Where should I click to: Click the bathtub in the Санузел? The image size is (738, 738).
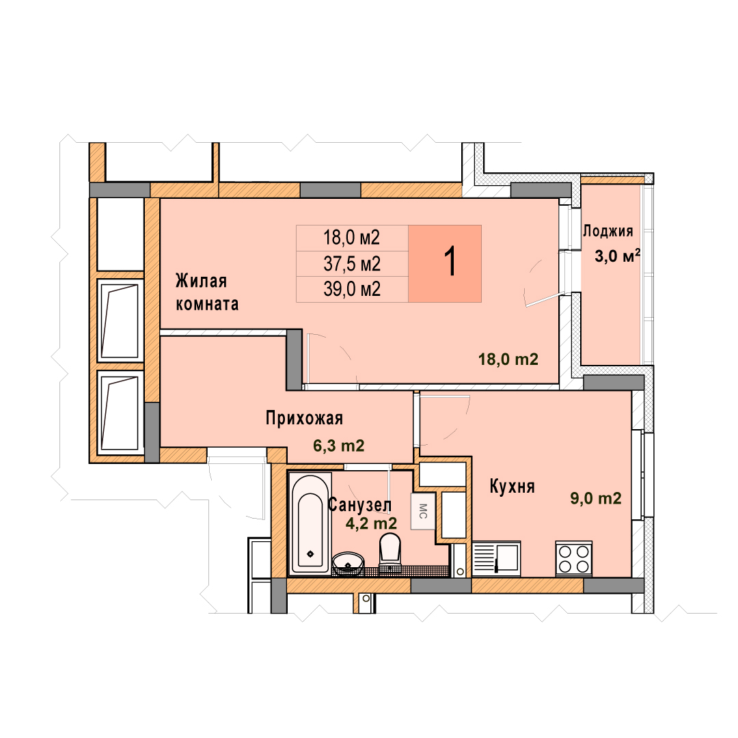pos(310,524)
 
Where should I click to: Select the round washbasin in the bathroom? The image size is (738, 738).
pos(348,563)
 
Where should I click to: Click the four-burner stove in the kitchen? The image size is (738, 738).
pos(574,558)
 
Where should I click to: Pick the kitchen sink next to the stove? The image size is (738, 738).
pos(496,558)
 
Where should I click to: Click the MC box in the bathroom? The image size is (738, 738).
pos(423,511)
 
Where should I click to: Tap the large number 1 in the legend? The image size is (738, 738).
pos(450,262)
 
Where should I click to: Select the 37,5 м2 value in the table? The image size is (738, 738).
pos(352,264)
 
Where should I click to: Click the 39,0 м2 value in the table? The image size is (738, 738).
pos(352,288)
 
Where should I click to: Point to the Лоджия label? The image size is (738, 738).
pos(608,231)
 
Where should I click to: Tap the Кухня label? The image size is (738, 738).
pos(512,487)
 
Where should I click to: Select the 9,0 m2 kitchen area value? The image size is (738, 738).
pos(596,498)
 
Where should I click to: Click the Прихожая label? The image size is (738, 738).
pos(304,418)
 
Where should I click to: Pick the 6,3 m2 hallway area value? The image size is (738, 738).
pos(339,446)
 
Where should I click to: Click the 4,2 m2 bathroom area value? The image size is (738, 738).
pos(371,523)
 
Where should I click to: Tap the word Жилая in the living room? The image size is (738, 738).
pos(202,281)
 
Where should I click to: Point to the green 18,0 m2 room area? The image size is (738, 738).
pos(508,359)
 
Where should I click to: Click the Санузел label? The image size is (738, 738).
pos(359,504)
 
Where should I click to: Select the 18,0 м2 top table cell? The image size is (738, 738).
pos(352,238)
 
